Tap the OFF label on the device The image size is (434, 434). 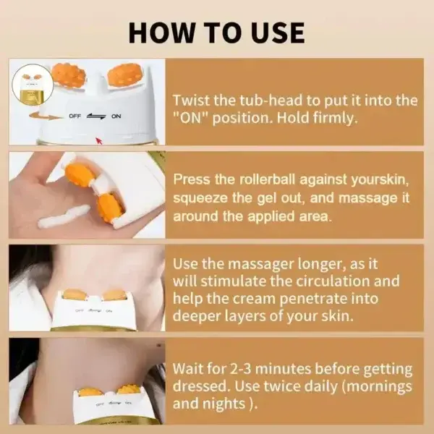click(75, 116)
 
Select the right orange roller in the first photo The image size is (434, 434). click(124, 75)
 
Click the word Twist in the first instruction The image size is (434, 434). click(192, 101)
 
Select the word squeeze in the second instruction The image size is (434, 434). click(203, 197)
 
